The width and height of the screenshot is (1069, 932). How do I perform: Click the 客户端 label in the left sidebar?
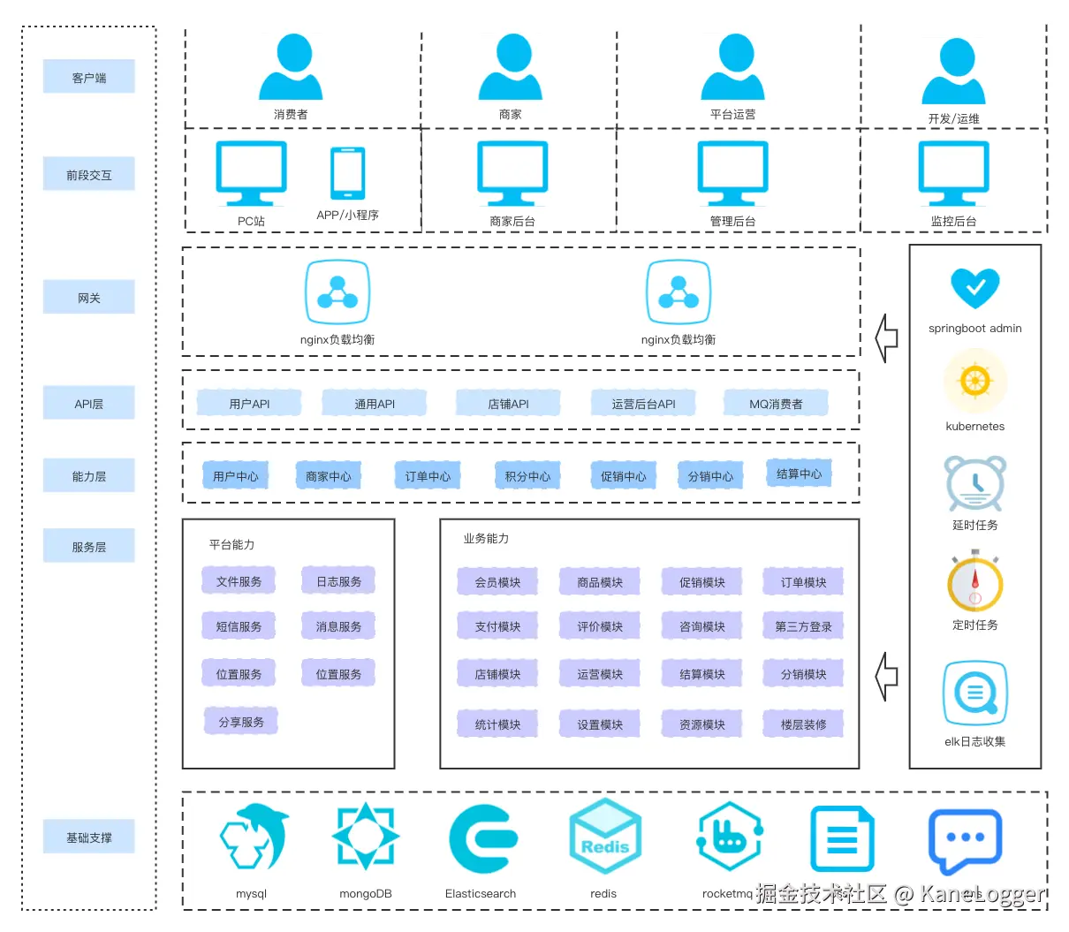[x=88, y=77]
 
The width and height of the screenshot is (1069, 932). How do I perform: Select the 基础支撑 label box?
[x=88, y=837]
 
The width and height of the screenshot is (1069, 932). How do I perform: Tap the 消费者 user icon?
[x=291, y=68]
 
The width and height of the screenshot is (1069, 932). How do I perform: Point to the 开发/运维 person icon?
[x=953, y=72]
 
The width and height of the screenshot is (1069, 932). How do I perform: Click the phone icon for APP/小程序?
[x=347, y=173]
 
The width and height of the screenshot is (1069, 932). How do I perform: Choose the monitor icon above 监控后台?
[x=953, y=172]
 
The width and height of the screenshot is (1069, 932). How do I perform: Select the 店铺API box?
[x=508, y=404]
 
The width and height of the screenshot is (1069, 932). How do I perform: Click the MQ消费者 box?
[x=776, y=404]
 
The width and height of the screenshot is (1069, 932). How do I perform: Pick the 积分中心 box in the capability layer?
[x=527, y=476]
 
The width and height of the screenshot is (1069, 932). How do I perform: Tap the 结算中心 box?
[x=799, y=474]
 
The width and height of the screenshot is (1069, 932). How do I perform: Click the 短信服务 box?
[x=239, y=626]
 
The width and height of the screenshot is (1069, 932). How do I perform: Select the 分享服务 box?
[x=241, y=722]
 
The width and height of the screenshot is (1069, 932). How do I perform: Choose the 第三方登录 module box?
[x=803, y=626]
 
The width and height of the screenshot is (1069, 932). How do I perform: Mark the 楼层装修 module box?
[x=803, y=724]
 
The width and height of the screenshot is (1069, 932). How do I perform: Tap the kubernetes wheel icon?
[x=974, y=382]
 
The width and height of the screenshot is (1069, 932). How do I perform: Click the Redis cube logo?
[x=604, y=837]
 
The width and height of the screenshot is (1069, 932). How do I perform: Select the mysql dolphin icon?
[x=254, y=837]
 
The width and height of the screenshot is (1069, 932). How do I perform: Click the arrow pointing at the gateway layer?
[x=886, y=337]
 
